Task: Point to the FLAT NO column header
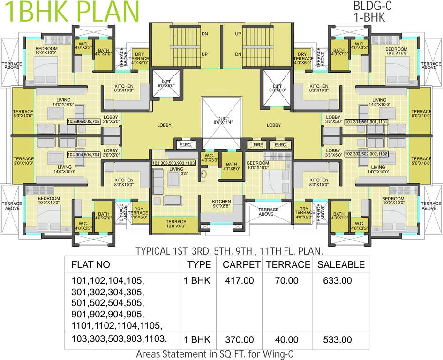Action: pos(90,264)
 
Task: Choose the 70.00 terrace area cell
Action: pos(286,281)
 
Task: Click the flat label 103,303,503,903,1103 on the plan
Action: pos(173,163)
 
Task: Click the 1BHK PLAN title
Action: pos(70,11)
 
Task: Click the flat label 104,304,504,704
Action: pos(83,154)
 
